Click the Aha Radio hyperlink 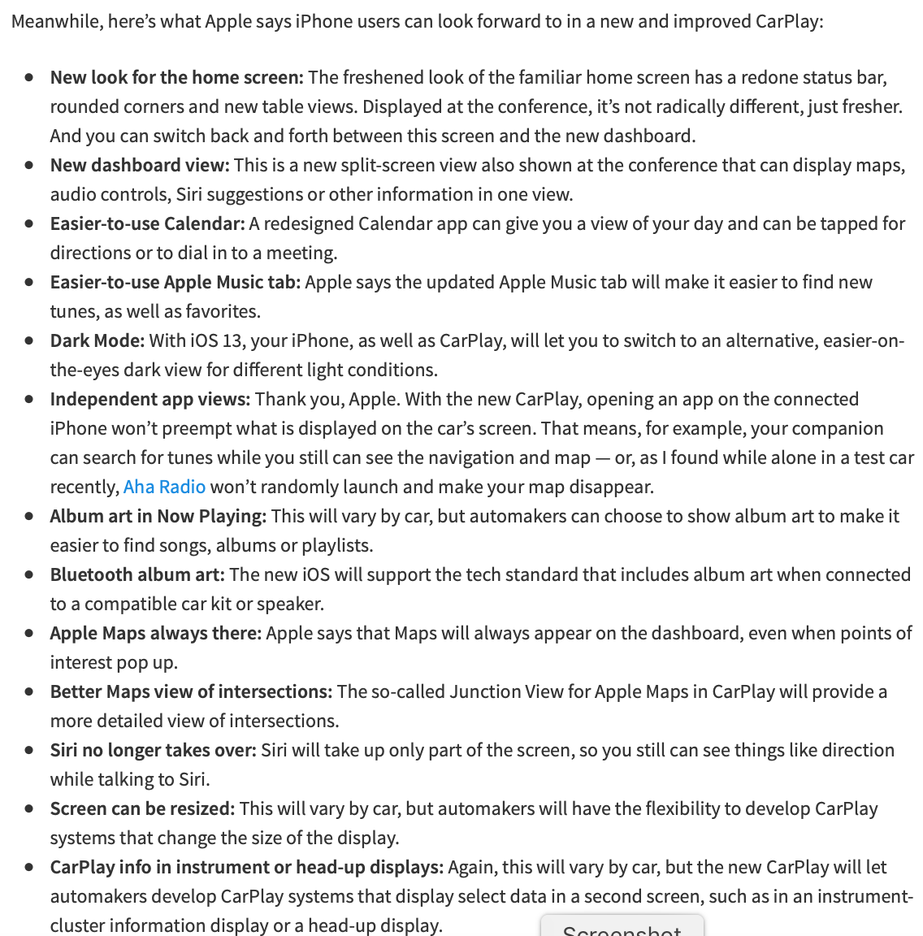[x=164, y=487]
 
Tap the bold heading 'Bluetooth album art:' [x=137, y=574]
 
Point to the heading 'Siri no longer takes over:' [x=153, y=750]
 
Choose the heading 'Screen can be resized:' [x=142, y=808]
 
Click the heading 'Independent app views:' [x=149, y=399]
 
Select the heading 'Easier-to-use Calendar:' [x=147, y=223]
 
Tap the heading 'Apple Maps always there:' [x=156, y=633]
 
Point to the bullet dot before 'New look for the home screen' [x=30, y=77]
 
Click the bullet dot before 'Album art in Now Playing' [x=30, y=516]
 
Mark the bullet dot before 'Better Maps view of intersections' [x=30, y=691]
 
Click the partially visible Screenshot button [x=622, y=928]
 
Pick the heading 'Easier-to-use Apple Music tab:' [x=175, y=282]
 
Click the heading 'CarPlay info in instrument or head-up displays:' [x=247, y=867]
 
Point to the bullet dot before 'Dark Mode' [x=30, y=340]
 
